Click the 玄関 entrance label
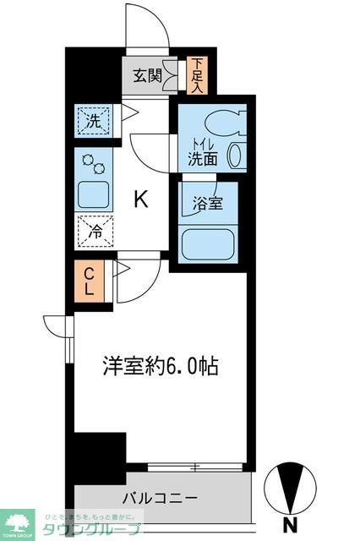pos(147,75)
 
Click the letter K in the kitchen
pos(141,199)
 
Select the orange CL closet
pos(89,280)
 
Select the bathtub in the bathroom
pos(209,243)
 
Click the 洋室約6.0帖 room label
pos(161,368)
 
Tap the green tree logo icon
pos(18,522)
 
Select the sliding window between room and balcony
pos(197,466)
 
